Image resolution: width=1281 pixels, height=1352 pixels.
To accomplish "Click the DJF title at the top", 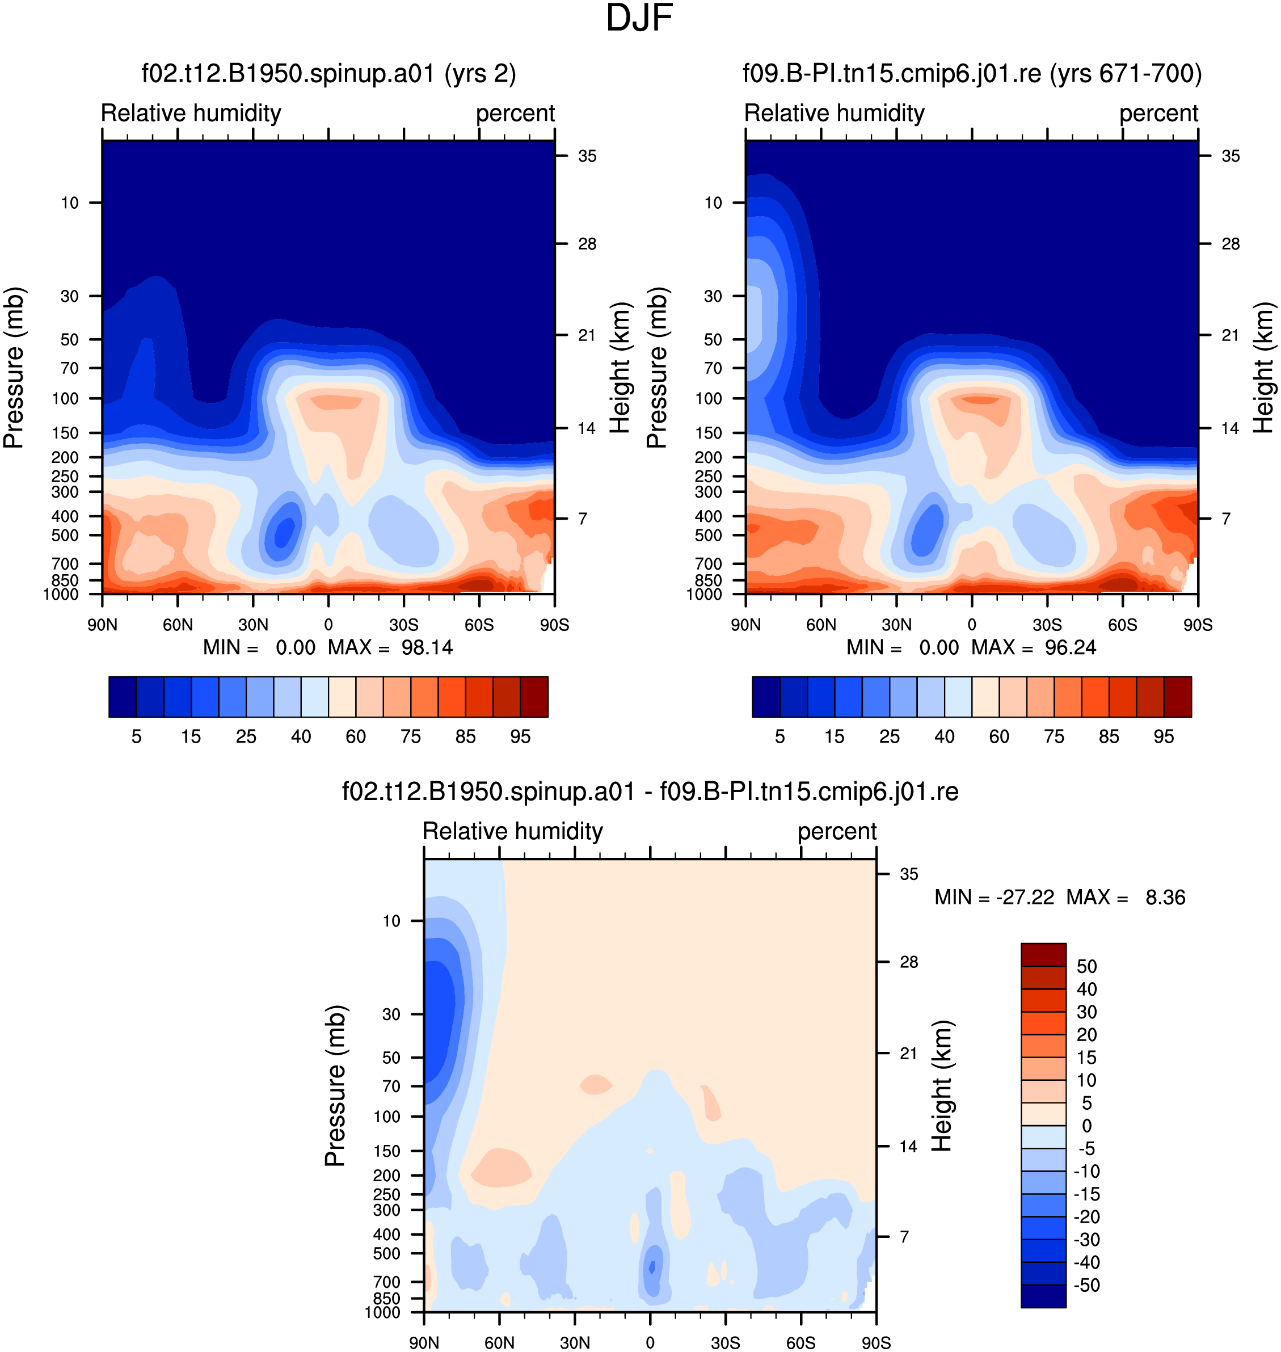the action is tap(639, 18).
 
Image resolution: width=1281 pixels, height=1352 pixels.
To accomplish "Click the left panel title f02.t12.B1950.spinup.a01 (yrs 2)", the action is tap(328, 73).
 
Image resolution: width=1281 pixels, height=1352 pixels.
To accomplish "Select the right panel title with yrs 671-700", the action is tap(972, 73).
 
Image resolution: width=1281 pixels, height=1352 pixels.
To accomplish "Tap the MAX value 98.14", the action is tap(427, 647).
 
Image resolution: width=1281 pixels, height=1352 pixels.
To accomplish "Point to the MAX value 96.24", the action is tap(1070, 647).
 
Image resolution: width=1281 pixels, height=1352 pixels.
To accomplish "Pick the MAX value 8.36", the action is tap(1165, 897).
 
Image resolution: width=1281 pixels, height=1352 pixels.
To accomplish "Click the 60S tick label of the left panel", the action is tap(479, 625).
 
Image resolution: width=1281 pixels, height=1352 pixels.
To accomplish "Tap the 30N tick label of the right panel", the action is tap(896, 625).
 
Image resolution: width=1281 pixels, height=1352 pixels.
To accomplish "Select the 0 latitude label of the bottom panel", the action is tap(650, 1342).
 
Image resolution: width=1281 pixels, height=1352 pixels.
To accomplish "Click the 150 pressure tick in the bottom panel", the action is tap(386, 1151).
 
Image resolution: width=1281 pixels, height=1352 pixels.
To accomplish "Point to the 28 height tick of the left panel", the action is tap(587, 244).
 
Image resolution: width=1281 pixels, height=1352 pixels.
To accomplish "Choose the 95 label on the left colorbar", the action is tap(520, 736).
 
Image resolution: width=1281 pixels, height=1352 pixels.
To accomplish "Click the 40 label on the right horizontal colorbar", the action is tap(945, 736).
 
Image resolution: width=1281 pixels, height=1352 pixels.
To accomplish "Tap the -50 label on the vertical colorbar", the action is tap(1086, 1285).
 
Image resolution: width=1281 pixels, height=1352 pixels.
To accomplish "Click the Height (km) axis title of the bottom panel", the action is tap(942, 1086).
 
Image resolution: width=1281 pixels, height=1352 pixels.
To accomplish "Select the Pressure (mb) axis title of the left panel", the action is tap(14, 368).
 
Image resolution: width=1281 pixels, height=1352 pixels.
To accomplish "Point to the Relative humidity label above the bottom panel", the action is tap(513, 831).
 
